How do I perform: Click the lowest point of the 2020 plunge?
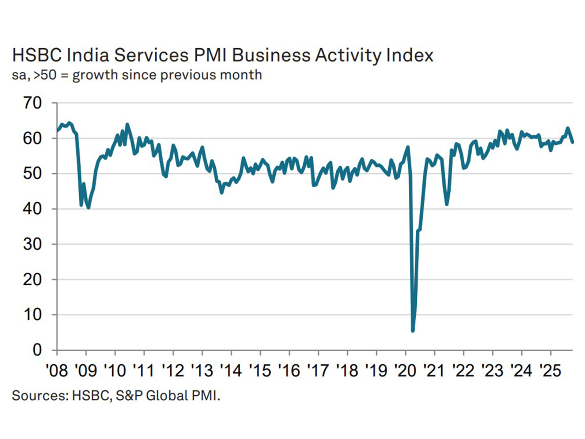tap(413, 331)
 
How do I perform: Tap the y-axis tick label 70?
tap(32, 103)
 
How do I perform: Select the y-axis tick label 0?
tap(37, 350)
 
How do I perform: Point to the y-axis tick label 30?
tap(32, 244)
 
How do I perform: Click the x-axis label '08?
tap(57, 370)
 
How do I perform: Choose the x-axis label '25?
tap(551, 370)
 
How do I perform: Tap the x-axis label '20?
tap(405, 370)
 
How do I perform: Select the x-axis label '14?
tap(231, 370)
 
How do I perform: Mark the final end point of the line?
tap(573, 142)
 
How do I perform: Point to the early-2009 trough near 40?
tap(88, 208)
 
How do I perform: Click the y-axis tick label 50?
tap(32, 174)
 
